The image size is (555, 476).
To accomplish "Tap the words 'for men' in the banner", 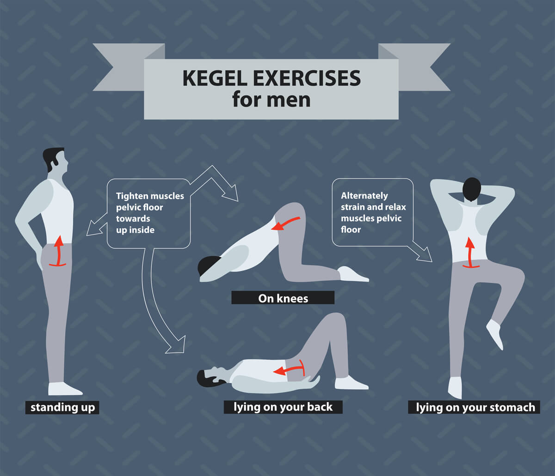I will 271,99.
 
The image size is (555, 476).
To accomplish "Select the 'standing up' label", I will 62,407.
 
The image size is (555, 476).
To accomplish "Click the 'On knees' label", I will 283,298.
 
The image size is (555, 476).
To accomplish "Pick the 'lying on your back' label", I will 283,407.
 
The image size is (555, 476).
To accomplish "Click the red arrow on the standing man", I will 58,252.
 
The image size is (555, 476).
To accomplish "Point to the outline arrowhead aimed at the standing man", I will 94,228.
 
